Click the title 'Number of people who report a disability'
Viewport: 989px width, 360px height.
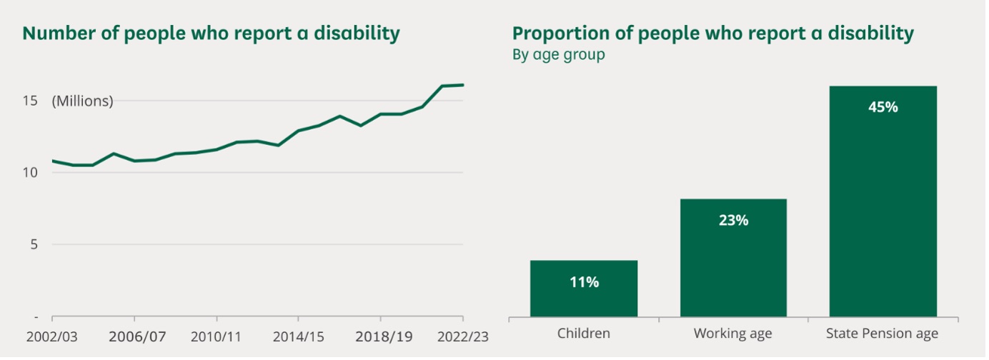pyautogui.click(x=211, y=34)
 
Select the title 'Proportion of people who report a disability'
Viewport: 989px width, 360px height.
pyautogui.click(x=712, y=34)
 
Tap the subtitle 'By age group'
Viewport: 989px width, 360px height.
pyautogui.click(x=558, y=55)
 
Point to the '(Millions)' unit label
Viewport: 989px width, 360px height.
pyautogui.click(x=82, y=101)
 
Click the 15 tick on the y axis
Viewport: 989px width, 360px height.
pyautogui.click(x=29, y=101)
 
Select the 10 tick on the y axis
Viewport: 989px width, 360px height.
pyautogui.click(x=29, y=172)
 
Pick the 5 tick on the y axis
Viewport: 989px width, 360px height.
pyautogui.click(x=33, y=244)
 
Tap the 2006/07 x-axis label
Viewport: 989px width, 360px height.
pyautogui.click(x=134, y=336)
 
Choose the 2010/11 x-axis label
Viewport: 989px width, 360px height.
pyautogui.click(x=217, y=336)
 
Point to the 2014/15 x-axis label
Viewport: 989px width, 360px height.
pyautogui.click(x=299, y=336)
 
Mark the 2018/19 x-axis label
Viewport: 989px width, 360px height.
pyautogui.click(x=381, y=336)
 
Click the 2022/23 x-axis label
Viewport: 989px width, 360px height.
pyautogui.click(x=463, y=336)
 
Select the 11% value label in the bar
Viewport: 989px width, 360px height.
pyautogui.click(x=583, y=282)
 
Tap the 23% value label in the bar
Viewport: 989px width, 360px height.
pyautogui.click(x=733, y=221)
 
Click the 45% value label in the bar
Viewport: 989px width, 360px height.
pyautogui.click(x=883, y=108)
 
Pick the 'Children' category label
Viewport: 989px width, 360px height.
pyautogui.click(x=583, y=334)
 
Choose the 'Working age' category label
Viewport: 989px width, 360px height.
pyautogui.click(x=733, y=334)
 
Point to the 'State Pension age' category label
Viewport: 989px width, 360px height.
pyautogui.click(x=882, y=334)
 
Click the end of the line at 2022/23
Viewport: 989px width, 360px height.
pyautogui.click(x=463, y=85)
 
